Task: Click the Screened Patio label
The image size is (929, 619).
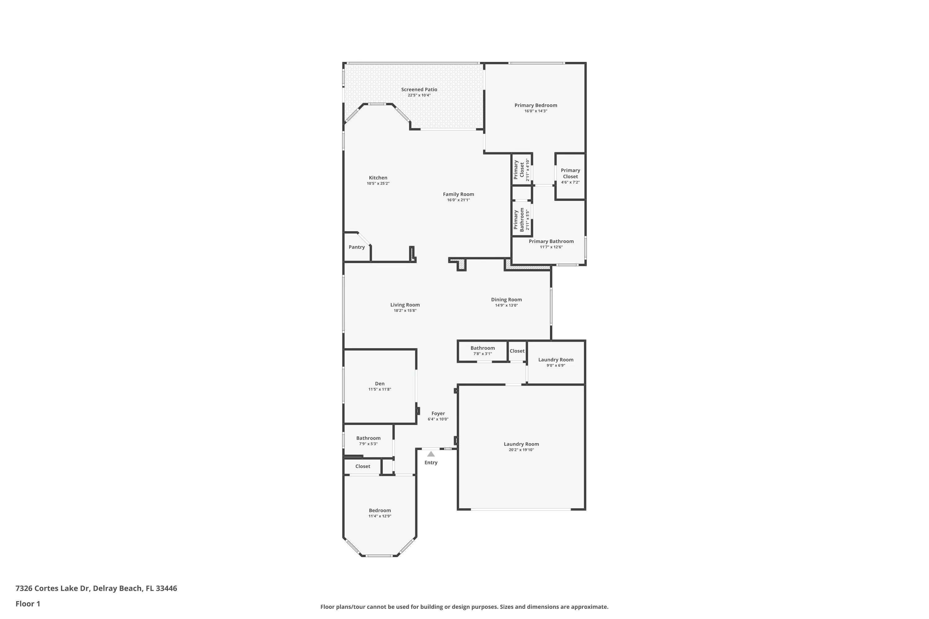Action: (x=419, y=90)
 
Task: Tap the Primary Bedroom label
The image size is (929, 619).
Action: (x=536, y=106)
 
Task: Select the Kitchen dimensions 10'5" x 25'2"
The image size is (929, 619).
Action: (x=378, y=184)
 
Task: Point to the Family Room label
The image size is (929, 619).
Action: (x=458, y=194)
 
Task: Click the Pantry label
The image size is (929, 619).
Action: (x=357, y=247)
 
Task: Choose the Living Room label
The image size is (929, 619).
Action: (x=405, y=305)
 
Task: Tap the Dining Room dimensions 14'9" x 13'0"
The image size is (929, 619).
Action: (x=506, y=305)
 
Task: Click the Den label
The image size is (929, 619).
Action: (x=380, y=384)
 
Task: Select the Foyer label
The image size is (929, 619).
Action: (x=438, y=414)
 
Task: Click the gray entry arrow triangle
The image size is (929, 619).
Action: (x=431, y=454)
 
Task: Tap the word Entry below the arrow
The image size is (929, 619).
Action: (x=431, y=463)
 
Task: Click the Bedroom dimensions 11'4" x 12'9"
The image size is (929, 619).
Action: (x=380, y=516)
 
